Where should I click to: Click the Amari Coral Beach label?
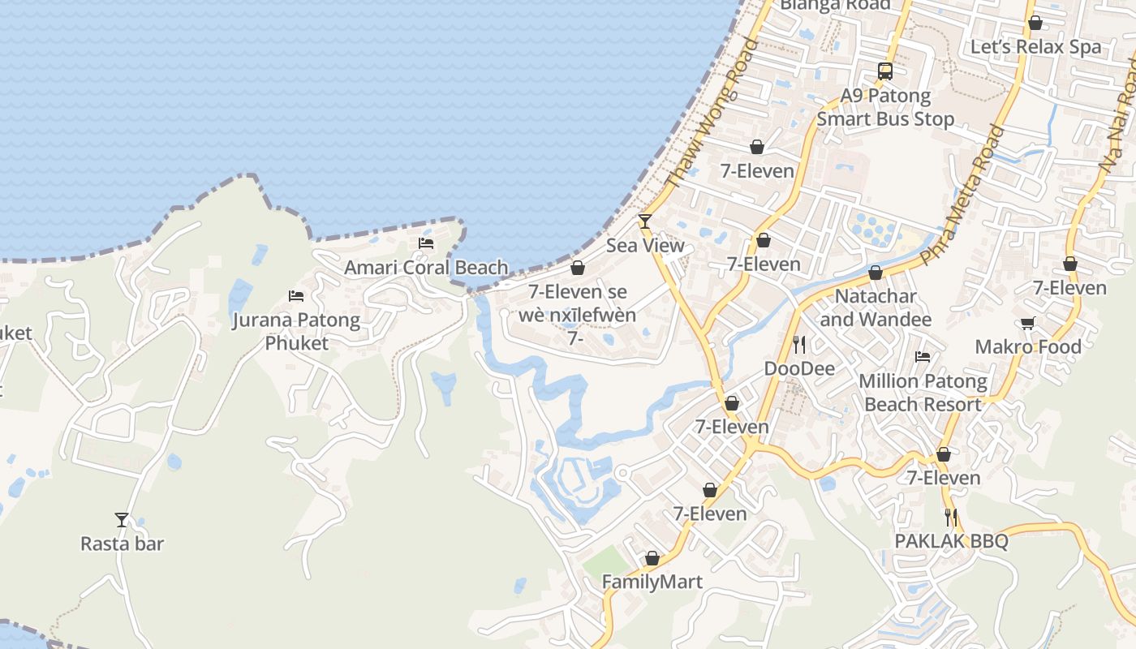tap(426, 267)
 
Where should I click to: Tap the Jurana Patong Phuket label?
tap(296, 331)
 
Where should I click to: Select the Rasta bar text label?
tap(122, 544)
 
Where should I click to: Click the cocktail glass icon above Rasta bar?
tap(122, 519)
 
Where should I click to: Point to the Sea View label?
tap(645, 245)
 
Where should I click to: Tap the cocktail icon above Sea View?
tap(645, 221)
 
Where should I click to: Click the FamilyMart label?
tap(652, 582)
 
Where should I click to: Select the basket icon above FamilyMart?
tap(652, 558)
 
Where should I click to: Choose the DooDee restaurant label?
tap(799, 368)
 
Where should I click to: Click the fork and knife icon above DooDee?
tap(799, 345)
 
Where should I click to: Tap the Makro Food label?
tap(1028, 347)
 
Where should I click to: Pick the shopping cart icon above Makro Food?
tap(1028, 324)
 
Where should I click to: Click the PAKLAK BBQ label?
tap(951, 541)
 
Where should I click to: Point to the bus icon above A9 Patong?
tap(884, 71)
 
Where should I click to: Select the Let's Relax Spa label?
tap(1035, 46)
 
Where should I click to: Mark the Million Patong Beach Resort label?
tap(923, 393)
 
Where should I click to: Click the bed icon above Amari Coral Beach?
tap(426, 243)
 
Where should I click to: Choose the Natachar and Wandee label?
tap(876, 307)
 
